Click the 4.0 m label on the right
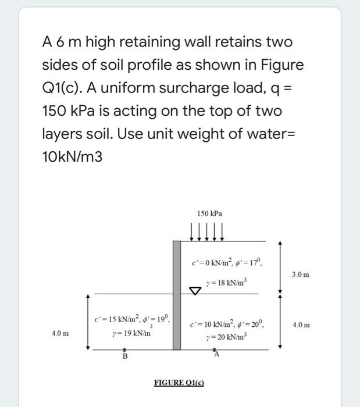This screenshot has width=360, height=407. (x=302, y=325)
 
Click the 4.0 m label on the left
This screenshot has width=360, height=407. (x=60, y=334)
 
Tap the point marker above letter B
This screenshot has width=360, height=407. (x=123, y=351)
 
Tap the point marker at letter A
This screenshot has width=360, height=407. (x=216, y=351)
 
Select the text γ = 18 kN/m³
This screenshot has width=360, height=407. (x=226, y=283)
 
